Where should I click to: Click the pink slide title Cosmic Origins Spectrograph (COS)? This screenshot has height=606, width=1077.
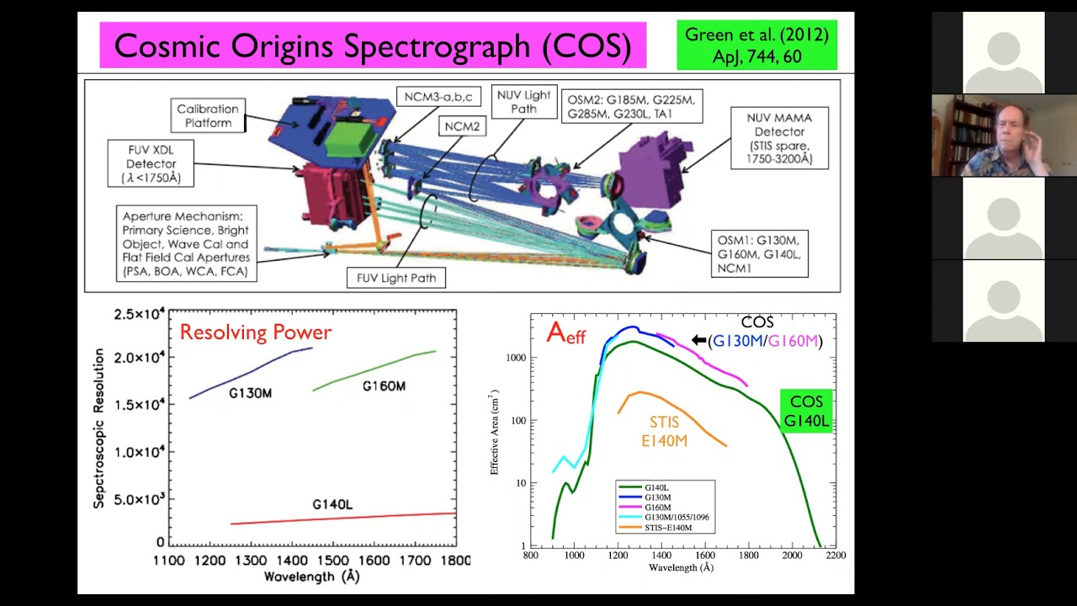pyautogui.click(x=373, y=46)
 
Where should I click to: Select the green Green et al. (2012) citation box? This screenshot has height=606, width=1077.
pyautogui.click(x=756, y=45)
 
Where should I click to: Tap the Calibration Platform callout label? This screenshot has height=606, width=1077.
pyautogui.click(x=208, y=115)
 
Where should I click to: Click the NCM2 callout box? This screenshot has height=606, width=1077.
pyautogui.click(x=462, y=125)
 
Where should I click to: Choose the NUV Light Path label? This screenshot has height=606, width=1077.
pyautogui.click(x=523, y=102)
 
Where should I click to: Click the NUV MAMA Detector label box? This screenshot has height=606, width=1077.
pyautogui.click(x=779, y=137)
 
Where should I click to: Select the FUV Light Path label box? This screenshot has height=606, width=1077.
pyautogui.click(x=395, y=277)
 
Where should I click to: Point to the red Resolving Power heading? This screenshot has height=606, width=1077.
pyautogui.click(x=256, y=332)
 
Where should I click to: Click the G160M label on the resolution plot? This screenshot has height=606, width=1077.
pyautogui.click(x=384, y=386)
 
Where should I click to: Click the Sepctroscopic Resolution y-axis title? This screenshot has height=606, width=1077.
pyautogui.click(x=99, y=429)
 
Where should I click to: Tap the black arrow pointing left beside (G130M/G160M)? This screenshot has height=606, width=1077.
pyautogui.click(x=698, y=340)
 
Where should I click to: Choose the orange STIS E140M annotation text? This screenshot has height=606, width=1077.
pyautogui.click(x=669, y=430)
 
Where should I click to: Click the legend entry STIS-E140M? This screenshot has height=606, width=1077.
pyautogui.click(x=668, y=528)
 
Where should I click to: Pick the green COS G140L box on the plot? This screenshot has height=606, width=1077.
pyautogui.click(x=806, y=411)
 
